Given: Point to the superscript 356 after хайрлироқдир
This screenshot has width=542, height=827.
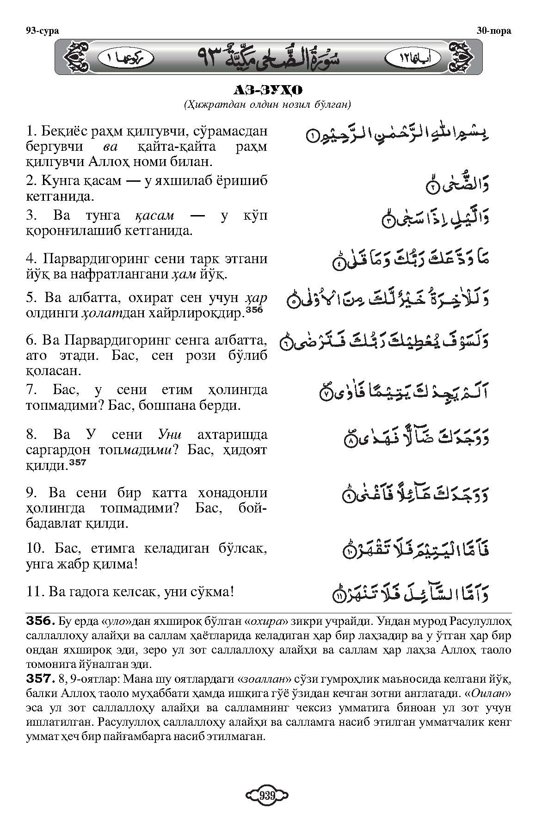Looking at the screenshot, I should coord(254,311).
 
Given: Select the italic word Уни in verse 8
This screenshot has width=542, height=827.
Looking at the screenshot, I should coord(170,435).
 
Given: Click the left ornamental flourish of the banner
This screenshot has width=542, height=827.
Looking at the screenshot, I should coord(76,57).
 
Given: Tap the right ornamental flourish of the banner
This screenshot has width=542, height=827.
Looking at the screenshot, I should coord(461,57).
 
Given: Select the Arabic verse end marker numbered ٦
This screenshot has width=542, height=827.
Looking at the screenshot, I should coord(287,344).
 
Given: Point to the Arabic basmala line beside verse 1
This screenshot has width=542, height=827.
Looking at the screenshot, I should coord(398,134).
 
